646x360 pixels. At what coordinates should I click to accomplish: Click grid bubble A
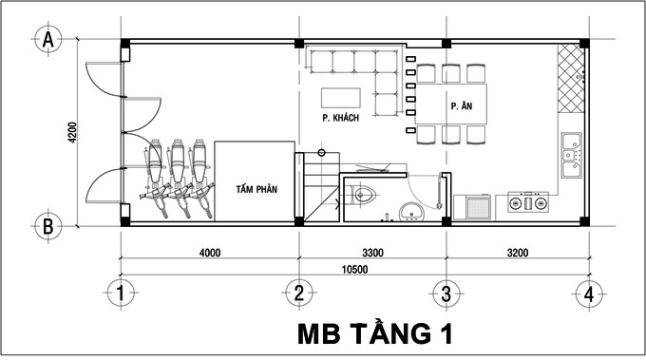click(x=45, y=40)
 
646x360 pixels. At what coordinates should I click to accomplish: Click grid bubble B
click(x=45, y=226)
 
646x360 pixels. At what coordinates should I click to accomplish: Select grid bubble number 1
click(x=121, y=294)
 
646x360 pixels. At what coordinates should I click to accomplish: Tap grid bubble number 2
click(x=298, y=294)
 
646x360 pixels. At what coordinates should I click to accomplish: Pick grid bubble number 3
click(x=445, y=294)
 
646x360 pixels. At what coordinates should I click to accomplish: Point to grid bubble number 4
click(x=589, y=294)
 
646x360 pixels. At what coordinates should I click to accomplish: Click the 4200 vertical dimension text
click(x=73, y=132)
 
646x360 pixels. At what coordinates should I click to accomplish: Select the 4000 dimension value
click(x=210, y=253)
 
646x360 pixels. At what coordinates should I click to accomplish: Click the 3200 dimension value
click(x=518, y=253)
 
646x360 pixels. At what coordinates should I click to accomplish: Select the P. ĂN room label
click(x=462, y=105)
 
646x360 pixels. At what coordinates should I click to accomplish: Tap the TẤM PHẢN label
click(x=256, y=189)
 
